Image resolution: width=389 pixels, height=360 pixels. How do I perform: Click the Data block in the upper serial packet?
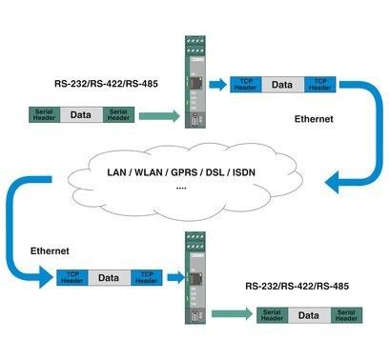click(81, 115)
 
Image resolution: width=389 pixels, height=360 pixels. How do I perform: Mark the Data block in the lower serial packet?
click(309, 313)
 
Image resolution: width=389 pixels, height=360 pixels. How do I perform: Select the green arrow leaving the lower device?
click(231, 313)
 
